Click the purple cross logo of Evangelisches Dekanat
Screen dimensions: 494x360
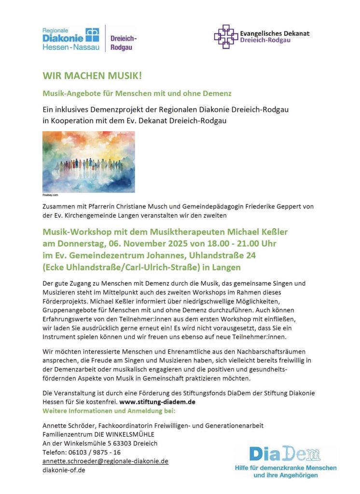pyautogui.click(x=226, y=37)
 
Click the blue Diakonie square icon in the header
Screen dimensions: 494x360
pyautogui.click(x=91, y=34)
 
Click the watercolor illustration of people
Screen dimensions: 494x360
pyautogui.click(x=88, y=162)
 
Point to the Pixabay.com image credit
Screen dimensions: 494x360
pyautogui.click(x=50, y=195)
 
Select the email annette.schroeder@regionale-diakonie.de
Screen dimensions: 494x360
pyautogui.click(x=105, y=461)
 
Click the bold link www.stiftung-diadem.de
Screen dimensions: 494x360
pyautogui.click(x=157, y=401)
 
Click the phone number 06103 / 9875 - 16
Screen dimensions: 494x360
pyautogui.click(x=94, y=452)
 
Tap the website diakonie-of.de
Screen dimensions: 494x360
pyautogui.click(x=64, y=469)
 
